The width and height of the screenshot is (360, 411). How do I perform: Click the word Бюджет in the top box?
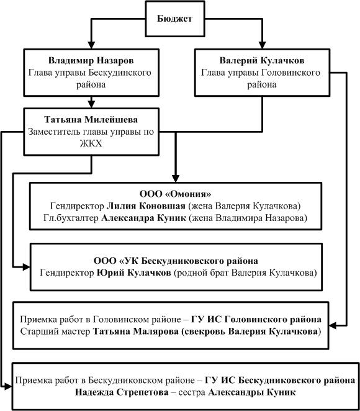[x=174, y=19]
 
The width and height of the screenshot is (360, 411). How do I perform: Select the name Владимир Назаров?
[x=91, y=61]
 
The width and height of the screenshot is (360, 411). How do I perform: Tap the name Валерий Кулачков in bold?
[x=262, y=61]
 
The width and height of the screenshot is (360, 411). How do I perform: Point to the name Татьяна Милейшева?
[x=91, y=120]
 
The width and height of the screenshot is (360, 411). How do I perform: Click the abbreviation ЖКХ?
[x=91, y=143]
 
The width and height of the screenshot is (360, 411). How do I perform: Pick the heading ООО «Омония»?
[x=175, y=194]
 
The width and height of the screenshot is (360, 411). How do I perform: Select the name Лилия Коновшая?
[x=146, y=206]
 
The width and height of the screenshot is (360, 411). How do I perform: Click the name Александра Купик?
[x=143, y=218]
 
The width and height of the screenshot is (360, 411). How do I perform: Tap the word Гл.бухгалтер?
[x=71, y=218]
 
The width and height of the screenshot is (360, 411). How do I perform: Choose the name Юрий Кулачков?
[x=134, y=273]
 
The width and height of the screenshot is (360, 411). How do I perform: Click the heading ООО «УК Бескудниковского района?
[x=176, y=261]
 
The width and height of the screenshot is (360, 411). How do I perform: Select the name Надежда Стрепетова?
[x=122, y=392]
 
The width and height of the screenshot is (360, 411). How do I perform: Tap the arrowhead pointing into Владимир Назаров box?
[x=91, y=45]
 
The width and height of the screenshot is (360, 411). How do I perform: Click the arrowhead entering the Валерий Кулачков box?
[x=263, y=45]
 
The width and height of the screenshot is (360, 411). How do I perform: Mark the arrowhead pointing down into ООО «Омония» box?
[x=176, y=179]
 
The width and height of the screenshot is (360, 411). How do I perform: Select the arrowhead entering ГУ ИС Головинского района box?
[x=333, y=325]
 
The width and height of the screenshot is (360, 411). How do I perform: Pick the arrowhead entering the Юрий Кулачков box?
[x=27, y=267]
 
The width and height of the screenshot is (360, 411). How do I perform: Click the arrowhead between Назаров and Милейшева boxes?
[x=91, y=104]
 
